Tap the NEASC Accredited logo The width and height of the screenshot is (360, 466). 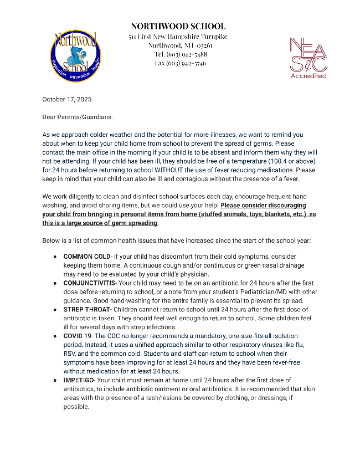coord(308,58)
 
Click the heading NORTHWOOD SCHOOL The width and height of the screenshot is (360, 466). coord(178,26)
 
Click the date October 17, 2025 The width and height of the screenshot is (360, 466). coord(67,100)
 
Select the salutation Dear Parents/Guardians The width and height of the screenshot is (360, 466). coord(78,117)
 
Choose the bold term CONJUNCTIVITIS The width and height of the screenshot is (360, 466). coord(89,283)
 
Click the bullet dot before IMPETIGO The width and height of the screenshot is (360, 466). coord(55,381)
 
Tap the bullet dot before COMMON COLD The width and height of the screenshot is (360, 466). coord(55,257)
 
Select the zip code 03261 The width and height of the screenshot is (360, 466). coord(203,45)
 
